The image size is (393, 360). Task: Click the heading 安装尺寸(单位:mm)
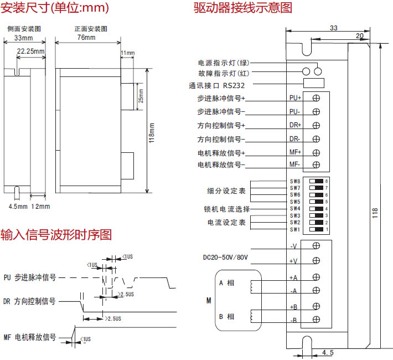(55, 8)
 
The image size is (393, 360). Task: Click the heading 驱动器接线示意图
(243, 8)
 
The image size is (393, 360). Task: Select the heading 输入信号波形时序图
(56, 235)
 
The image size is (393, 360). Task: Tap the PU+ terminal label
(295, 98)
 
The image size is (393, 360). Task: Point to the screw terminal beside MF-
(316, 165)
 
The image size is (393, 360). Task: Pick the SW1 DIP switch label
(294, 229)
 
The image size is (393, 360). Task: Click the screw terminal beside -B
(316, 319)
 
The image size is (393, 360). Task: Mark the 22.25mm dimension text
(30, 51)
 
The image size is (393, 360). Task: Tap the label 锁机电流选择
(226, 209)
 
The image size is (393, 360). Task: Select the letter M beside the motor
(209, 301)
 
